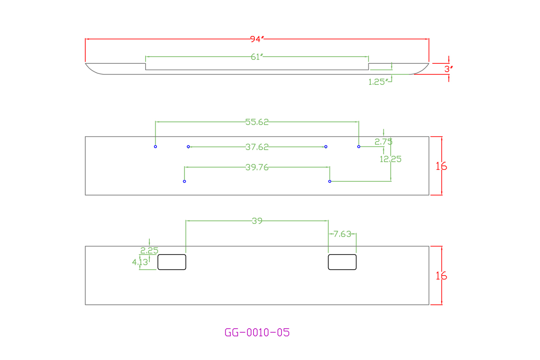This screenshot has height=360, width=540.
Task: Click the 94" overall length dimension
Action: click(256, 39)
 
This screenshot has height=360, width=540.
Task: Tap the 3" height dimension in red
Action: click(448, 69)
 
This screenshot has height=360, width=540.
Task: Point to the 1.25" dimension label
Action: click(378, 82)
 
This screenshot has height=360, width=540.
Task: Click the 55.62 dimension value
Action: click(257, 122)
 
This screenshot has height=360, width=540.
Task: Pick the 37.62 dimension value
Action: click(257, 147)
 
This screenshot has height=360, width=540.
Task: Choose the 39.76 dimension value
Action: click(257, 167)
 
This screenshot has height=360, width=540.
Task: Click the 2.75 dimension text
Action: click(383, 142)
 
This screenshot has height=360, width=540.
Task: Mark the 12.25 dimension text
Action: click(391, 159)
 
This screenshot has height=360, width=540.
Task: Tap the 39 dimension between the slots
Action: click(257, 221)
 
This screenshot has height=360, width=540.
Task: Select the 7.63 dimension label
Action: click(342, 234)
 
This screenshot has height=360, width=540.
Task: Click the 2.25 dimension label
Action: click(149, 250)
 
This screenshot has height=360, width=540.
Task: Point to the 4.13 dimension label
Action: click(140, 262)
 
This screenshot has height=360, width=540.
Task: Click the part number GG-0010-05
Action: click(257, 333)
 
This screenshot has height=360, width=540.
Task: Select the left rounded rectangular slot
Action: click(172, 262)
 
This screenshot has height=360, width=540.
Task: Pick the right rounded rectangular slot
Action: click(342, 262)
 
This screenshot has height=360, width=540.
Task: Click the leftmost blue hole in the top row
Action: click(155, 147)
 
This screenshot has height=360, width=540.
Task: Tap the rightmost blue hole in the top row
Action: click(359, 147)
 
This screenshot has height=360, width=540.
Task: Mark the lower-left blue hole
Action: click(184, 181)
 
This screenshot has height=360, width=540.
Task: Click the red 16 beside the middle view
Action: click(441, 166)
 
